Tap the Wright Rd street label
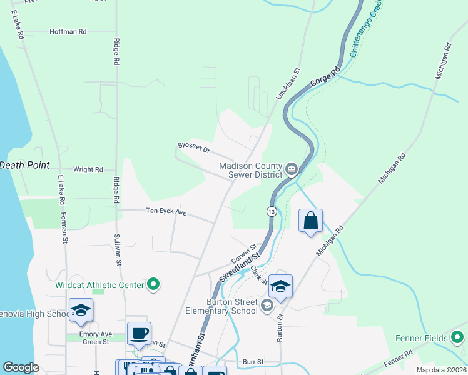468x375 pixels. (x=88, y=169)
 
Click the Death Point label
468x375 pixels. (x=24, y=165)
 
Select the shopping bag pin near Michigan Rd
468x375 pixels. (x=310, y=221)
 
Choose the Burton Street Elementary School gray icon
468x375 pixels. (x=267, y=305)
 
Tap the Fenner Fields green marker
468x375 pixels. (x=457, y=339)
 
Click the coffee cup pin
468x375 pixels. (x=139, y=333)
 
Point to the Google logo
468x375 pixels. (x=21, y=367)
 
